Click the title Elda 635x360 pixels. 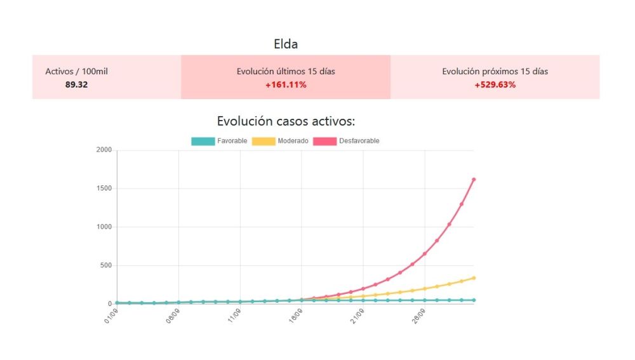point(286,44)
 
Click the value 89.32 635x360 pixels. point(76,84)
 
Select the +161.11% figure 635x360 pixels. point(286,84)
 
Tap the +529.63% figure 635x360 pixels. point(495,84)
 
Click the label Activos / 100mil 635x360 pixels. point(76,72)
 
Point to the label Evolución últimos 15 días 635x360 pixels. point(286,72)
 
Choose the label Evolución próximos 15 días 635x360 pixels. point(495,72)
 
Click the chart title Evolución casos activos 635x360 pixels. point(286,121)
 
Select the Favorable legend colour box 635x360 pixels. point(203,141)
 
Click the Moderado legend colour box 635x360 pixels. point(264,141)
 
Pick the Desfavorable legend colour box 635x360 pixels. point(324,141)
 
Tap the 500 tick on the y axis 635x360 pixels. point(104,265)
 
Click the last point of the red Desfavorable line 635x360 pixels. point(474,180)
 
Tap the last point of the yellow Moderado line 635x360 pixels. point(474,278)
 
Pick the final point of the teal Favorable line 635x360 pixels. point(474,300)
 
